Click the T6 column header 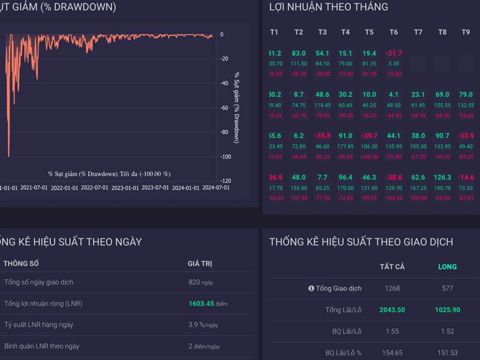click(394, 32)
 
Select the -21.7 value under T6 click(394, 53)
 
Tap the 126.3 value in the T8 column click(442, 178)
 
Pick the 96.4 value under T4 click(346, 178)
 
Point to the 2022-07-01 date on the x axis click(95, 187)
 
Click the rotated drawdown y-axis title click(236, 108)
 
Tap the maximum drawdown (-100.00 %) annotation click(109, 174)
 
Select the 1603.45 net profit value click(202, 304)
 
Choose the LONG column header click(448, 266)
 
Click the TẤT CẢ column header click(392, 266)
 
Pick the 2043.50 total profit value click(392, 310)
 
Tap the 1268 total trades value click(392, 289)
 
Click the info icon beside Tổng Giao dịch click(311, 289)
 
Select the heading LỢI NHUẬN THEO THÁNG click(329, 7)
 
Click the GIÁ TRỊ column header click(200, 263)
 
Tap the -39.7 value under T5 click(370, 136)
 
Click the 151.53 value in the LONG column click(448, 353)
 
